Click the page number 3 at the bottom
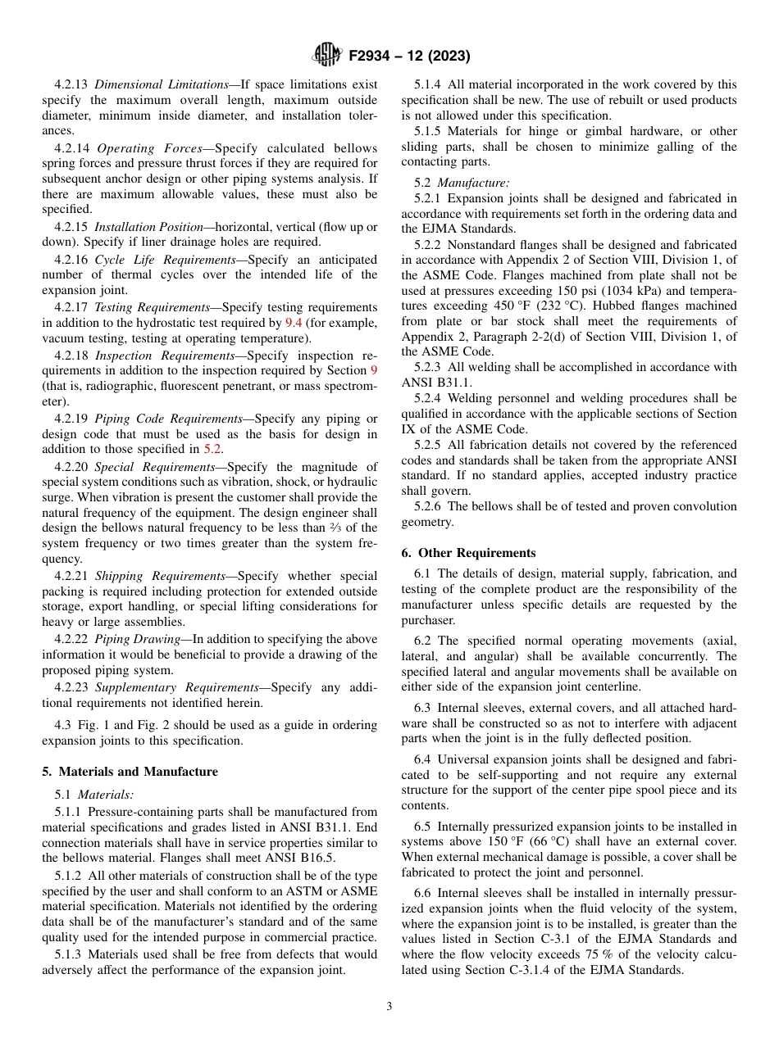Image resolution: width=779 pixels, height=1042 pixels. [x=389, y=1006]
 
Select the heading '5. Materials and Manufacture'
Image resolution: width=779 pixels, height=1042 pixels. [x=130, y=772]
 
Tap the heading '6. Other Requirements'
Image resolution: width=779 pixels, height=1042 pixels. [x=468, y=553]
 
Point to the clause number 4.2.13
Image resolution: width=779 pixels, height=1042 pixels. [x=71, y=84]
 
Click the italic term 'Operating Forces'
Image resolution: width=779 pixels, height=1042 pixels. [x=135, y=148]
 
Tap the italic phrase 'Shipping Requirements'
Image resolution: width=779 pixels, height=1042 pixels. [x=160, y=576]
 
